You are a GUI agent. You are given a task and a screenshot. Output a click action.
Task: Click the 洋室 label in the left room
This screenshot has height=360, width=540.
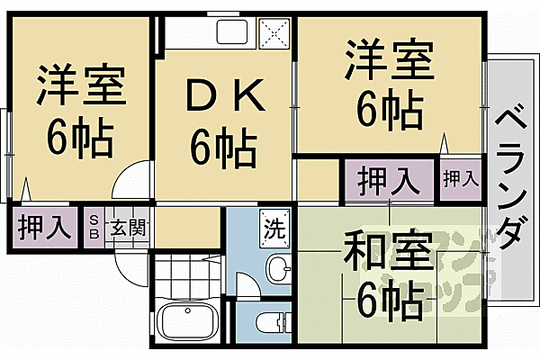(79, 85)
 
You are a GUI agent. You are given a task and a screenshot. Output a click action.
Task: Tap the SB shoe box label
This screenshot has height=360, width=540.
(94, 226)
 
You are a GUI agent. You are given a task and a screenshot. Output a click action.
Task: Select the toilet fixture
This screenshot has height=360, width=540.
(270, 321)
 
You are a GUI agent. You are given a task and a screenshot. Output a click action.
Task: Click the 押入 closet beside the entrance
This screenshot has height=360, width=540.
(45, 226)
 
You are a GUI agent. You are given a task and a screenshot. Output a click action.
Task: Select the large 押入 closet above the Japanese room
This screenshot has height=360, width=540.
(388, 181)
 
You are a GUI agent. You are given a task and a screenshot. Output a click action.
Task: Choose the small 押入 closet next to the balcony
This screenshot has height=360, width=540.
(460, 179)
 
